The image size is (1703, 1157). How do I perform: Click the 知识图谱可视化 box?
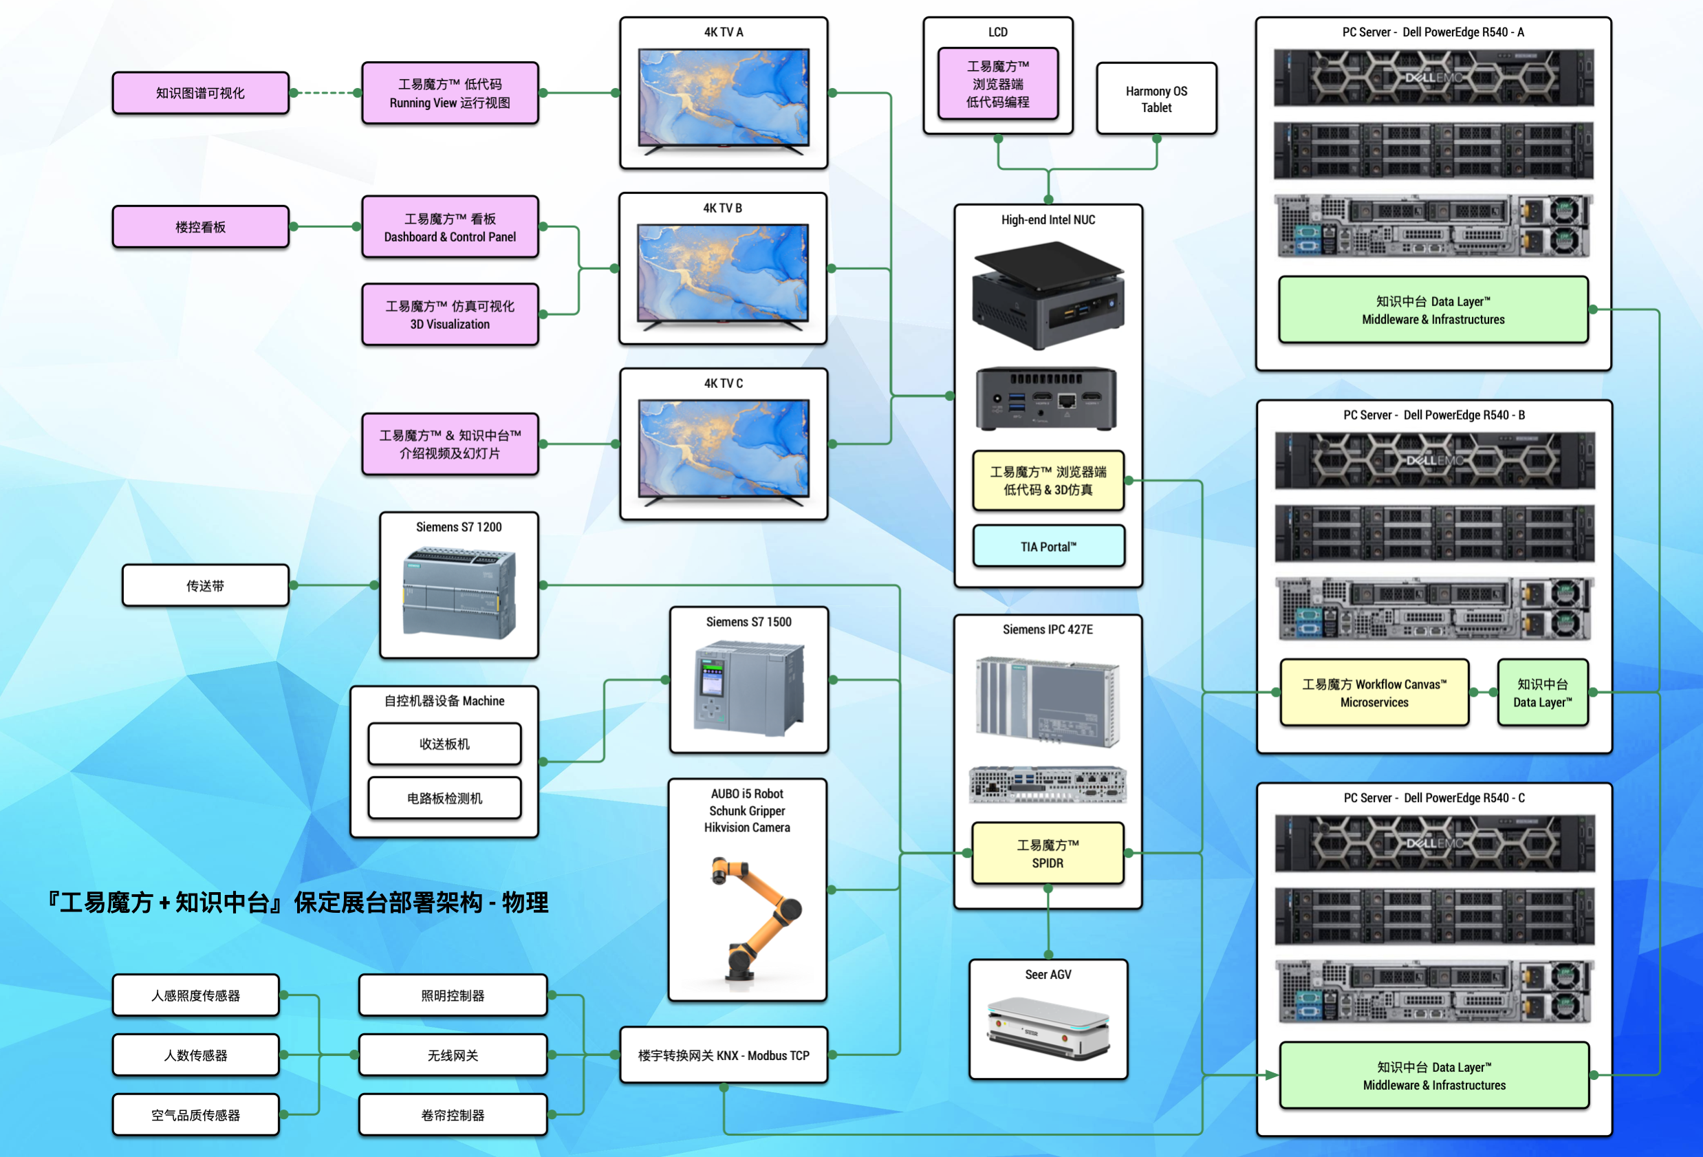(200, 93)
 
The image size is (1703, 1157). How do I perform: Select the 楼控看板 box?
(200, 227)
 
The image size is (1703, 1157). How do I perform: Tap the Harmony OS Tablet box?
(1156, 99)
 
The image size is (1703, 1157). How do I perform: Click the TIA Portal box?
(1048, 547)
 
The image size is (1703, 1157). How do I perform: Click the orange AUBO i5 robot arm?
(755, 916)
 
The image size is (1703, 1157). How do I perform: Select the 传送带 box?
(205, 585)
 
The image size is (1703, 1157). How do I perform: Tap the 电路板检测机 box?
(444, 798)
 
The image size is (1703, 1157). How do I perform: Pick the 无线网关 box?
(452, 1055)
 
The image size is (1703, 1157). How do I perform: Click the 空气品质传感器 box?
(195, 1114)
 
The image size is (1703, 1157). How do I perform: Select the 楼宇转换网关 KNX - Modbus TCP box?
(724, 1055)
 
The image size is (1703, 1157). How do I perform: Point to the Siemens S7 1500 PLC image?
(748, 687)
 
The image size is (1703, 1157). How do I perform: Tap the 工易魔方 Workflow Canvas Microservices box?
(1374, 693)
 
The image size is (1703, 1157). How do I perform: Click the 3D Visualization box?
(450, 315)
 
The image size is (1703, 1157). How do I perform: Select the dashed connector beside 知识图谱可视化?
(325, 93)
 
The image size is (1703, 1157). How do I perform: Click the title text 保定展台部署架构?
(389, 902)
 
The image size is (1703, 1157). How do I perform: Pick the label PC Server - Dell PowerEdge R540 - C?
(1433, 798)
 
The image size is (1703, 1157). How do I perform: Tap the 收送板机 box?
(444, 744)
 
